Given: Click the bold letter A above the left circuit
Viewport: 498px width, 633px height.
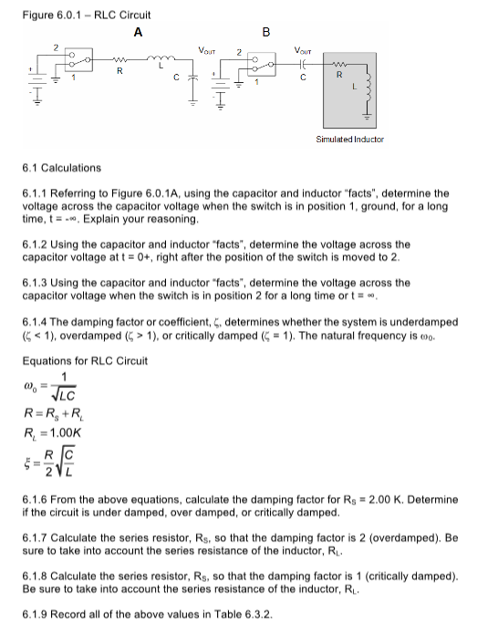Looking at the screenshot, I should tap(138, 33).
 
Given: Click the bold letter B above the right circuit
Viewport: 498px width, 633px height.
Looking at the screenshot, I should tap(265, 33).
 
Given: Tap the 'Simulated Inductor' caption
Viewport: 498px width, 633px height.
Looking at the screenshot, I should tap(349, 140).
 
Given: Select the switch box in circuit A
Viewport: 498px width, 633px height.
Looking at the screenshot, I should tap(78, 61).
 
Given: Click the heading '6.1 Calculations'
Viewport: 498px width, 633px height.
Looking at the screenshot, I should tap(61, 168).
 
